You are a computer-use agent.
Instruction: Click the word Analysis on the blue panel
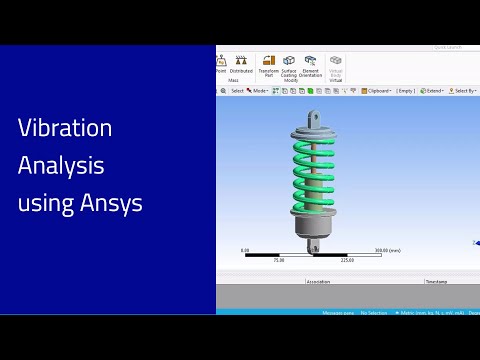tap(61, 166)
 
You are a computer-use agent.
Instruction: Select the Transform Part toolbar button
tap(269, 65)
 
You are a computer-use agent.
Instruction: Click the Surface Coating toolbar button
tap(289, 65)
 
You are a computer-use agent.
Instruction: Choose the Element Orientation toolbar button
tap(311, 65)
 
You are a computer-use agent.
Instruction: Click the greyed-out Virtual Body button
tap(336, 65)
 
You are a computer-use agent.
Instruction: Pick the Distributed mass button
tap(241, 64)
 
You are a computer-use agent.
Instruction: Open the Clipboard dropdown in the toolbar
tap(378, 91)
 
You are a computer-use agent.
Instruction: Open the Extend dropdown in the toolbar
tap(432, 91)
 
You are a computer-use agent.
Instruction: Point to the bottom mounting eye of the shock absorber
tap(314, 246)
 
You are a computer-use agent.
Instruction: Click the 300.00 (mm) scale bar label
tap(387, 250)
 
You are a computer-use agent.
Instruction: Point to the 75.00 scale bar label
tap(279, 260)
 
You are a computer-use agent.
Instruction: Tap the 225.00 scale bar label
tap(347, 260)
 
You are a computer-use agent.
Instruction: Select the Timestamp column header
tap(436, 282)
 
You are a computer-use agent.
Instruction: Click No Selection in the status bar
tap(374, 313)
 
